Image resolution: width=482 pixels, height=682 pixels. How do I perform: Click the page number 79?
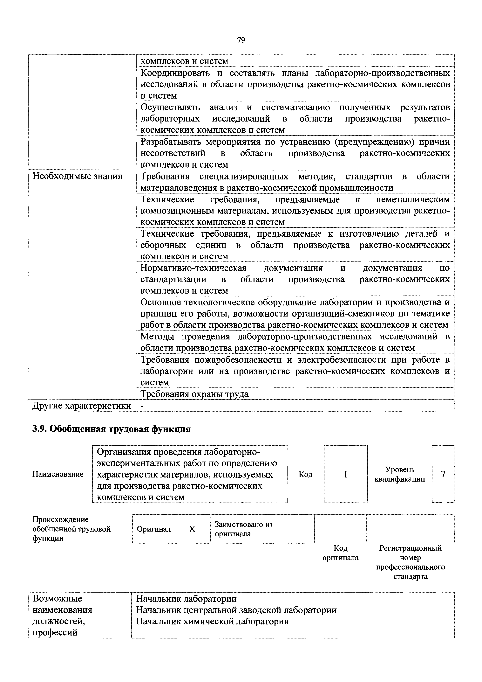click(241, 40)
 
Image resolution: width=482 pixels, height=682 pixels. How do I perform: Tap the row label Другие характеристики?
click(82, 406)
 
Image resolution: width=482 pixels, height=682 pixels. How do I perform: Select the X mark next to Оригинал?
click(192, 529)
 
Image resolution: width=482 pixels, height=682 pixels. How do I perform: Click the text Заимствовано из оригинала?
click(243, 529)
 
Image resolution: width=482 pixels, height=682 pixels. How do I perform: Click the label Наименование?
click(58, 474)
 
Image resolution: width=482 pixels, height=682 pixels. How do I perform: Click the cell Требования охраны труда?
click(194, 394)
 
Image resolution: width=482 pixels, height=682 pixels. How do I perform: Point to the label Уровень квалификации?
click(400, 474)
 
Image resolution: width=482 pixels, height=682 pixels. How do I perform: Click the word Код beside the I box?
click(305, 474)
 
